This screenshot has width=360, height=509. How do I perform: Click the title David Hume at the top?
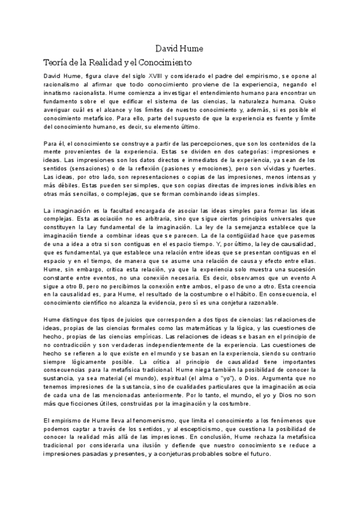pos(179,47)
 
